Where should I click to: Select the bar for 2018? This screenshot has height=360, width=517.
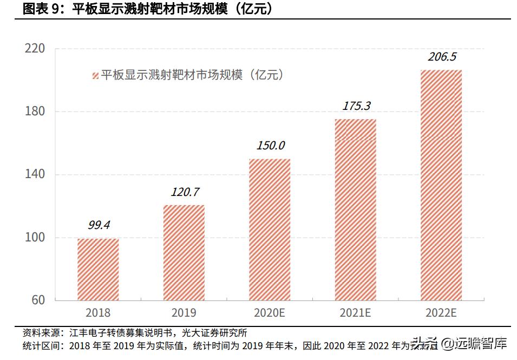pos(98,269)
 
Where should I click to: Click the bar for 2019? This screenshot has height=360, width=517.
pos(184,252)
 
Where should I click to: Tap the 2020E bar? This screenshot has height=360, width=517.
pos(270,230)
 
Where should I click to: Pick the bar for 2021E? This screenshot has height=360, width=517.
pos(355,210)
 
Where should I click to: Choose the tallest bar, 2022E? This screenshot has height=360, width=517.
pos(441,185)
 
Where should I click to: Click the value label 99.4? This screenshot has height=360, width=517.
pos(99,225)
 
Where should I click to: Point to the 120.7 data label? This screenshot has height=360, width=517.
pos(185,192)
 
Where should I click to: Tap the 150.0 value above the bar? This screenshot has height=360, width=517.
pos(270,146)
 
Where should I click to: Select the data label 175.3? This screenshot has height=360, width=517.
pos(356,106)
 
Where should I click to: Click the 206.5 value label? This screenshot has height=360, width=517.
pos(442,57)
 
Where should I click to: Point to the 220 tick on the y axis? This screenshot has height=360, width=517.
pos(35,49)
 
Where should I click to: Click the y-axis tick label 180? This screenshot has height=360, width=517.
pos(35,112)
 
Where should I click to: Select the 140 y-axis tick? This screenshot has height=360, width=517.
pos(35,174)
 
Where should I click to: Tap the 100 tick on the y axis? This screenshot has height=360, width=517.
pos(35,237)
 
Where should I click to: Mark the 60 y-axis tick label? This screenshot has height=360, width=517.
pos(38,300)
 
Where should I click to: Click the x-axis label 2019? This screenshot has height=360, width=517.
pos(184,313)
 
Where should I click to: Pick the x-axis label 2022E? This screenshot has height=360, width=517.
pos(441,313)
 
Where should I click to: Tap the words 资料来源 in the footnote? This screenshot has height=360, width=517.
pos(41,332)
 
